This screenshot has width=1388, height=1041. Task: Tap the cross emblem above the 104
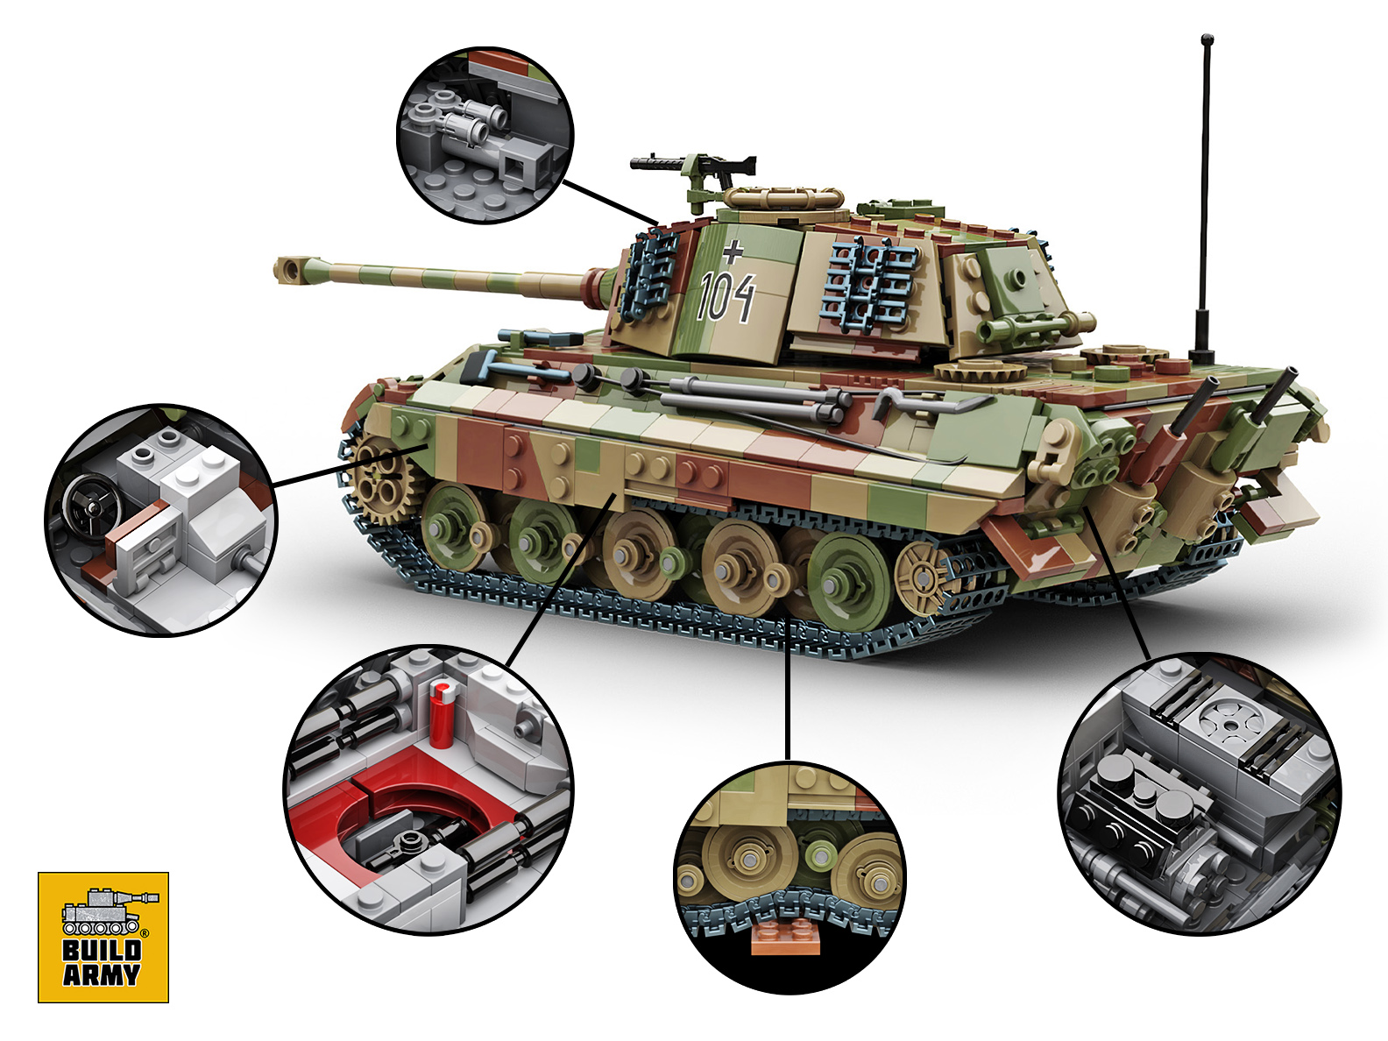(x=733, y=251)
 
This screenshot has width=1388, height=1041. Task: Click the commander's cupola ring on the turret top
(x=783, y=197)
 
